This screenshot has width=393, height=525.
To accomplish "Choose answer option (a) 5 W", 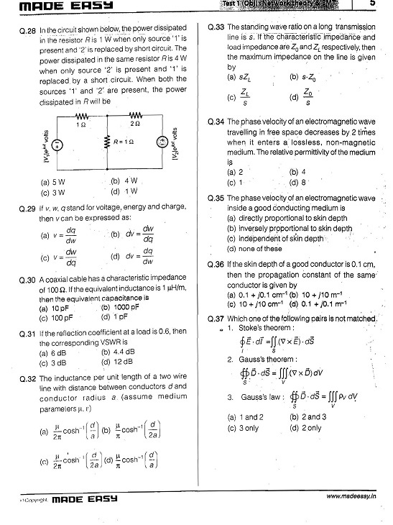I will (53, 182).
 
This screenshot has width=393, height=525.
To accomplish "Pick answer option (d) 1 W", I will (124, 192).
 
